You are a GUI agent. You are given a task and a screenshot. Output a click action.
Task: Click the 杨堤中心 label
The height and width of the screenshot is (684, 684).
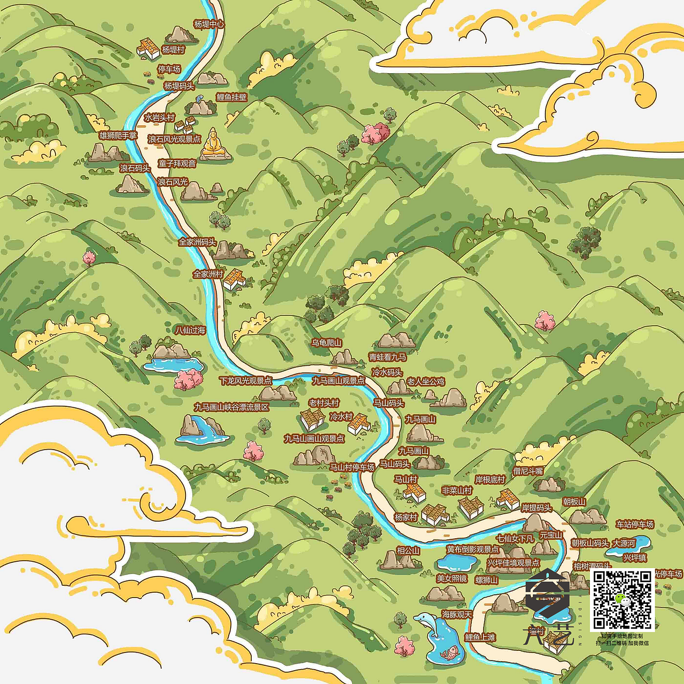209,25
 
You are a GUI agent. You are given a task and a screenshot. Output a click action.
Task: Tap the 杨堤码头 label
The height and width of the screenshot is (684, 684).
179,86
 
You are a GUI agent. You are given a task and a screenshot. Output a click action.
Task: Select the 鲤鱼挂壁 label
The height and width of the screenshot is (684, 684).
231,97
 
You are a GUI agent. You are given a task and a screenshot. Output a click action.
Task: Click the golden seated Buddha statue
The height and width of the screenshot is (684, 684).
214,144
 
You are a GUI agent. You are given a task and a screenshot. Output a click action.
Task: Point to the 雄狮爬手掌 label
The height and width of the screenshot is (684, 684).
118,136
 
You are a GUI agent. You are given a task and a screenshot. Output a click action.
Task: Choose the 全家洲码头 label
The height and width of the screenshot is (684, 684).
197,242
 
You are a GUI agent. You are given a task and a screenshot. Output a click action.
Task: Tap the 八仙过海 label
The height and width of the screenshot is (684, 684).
190,331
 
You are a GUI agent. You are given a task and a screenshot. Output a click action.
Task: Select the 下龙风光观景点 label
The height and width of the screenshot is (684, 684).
245,381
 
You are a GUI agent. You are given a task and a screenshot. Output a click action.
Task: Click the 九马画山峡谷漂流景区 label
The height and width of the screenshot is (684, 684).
231,407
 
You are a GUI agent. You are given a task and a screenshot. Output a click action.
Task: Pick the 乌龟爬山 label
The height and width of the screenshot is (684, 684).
327,343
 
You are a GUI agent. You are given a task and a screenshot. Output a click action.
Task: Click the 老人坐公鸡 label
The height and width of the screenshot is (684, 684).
425,381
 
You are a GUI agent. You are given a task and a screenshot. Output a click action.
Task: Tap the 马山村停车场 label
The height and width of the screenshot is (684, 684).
352,467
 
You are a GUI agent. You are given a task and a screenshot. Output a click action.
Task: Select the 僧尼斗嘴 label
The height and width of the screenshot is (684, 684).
528,471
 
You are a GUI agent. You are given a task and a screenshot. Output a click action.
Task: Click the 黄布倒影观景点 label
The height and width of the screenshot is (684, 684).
473,549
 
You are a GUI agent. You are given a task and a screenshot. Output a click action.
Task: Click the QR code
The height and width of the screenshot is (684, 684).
622,599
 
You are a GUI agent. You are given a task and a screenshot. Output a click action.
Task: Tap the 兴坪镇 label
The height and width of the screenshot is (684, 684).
634,557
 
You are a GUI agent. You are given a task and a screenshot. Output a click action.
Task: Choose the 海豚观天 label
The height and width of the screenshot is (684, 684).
457,615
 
